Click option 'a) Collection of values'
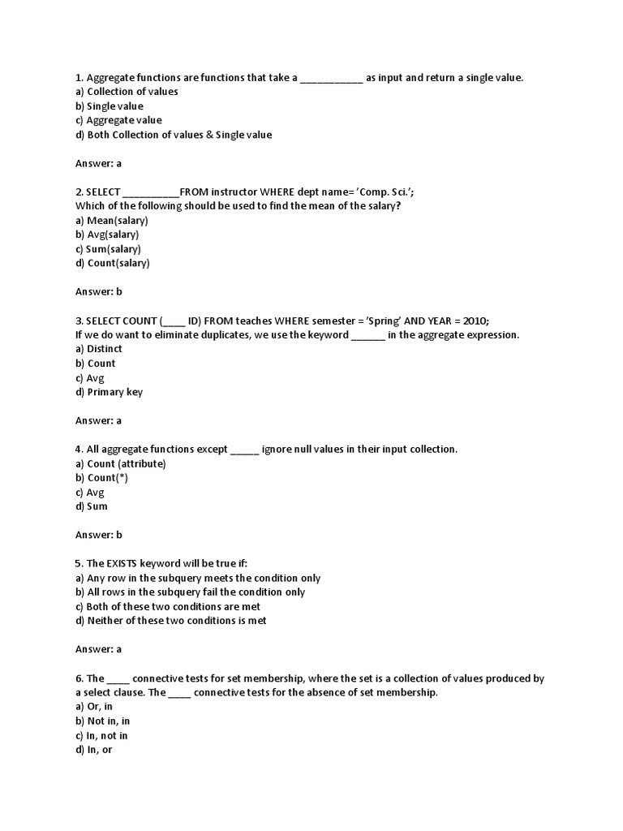127,92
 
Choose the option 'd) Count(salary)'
113,263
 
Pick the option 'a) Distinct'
99,349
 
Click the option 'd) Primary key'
110,392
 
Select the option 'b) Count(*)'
101,478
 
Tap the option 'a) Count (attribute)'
121,463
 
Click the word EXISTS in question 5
140,563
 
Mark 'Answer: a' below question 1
98,163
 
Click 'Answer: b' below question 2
98,291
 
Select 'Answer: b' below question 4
98,535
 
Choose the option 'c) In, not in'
101,735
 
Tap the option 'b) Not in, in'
102,721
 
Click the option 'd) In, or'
94,750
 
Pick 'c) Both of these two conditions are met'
168,606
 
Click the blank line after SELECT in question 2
151,192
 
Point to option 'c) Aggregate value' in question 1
118,120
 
